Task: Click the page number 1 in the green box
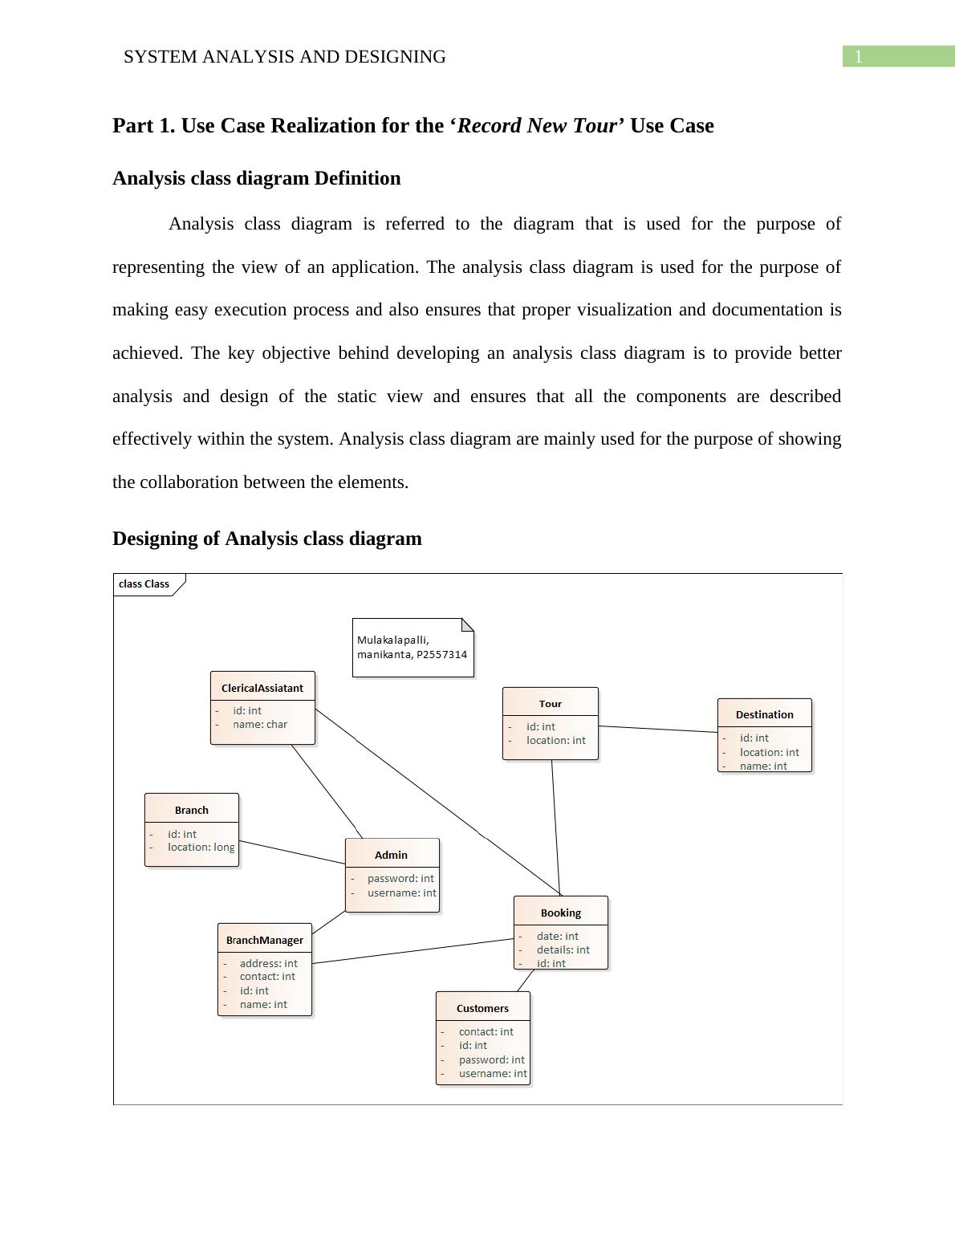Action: point(858,57)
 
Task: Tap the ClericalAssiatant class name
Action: point(262,688)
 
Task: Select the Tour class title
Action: point(551,704)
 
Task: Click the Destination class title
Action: point(764,714)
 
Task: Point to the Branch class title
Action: point(192,810)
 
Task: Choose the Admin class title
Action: point(392,855)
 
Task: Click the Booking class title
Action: point(560,913)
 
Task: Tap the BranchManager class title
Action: point(265,940)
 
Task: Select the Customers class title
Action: point(482,1008)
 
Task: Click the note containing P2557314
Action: point(412,648)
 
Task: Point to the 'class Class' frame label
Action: point(144,584)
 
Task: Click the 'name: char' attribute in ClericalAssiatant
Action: point(260,724)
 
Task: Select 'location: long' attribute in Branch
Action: point(201,848)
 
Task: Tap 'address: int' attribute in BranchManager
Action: point(268,963)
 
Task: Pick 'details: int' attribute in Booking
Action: point(563,949)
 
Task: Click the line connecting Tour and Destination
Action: point(658,729)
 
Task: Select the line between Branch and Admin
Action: point(292,852)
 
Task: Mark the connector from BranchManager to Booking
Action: point(412,951)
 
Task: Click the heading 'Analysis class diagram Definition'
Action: point(256,178)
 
